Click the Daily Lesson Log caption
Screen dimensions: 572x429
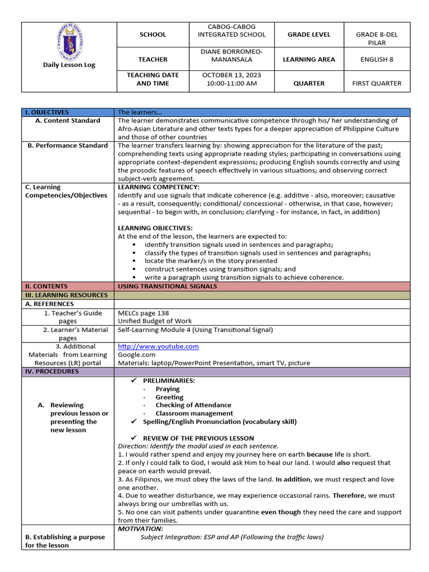pos(69,65)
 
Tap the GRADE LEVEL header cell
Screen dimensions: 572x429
pos(309,34)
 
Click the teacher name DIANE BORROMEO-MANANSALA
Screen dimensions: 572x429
pos(231,55)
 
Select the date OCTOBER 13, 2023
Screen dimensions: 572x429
pos(231,75)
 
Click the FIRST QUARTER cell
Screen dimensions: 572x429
pos(376,83)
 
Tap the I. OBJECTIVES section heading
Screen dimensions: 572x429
pos(47,112)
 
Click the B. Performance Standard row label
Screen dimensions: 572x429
pos(68,146)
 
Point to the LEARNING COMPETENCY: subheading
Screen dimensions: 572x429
pos(158,187)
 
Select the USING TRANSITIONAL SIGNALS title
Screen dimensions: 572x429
pos(168,287)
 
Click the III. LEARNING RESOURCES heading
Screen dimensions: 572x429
pos(66,295)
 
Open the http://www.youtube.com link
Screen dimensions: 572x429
pos(158,346)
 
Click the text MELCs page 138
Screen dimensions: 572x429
pos(144,313)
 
